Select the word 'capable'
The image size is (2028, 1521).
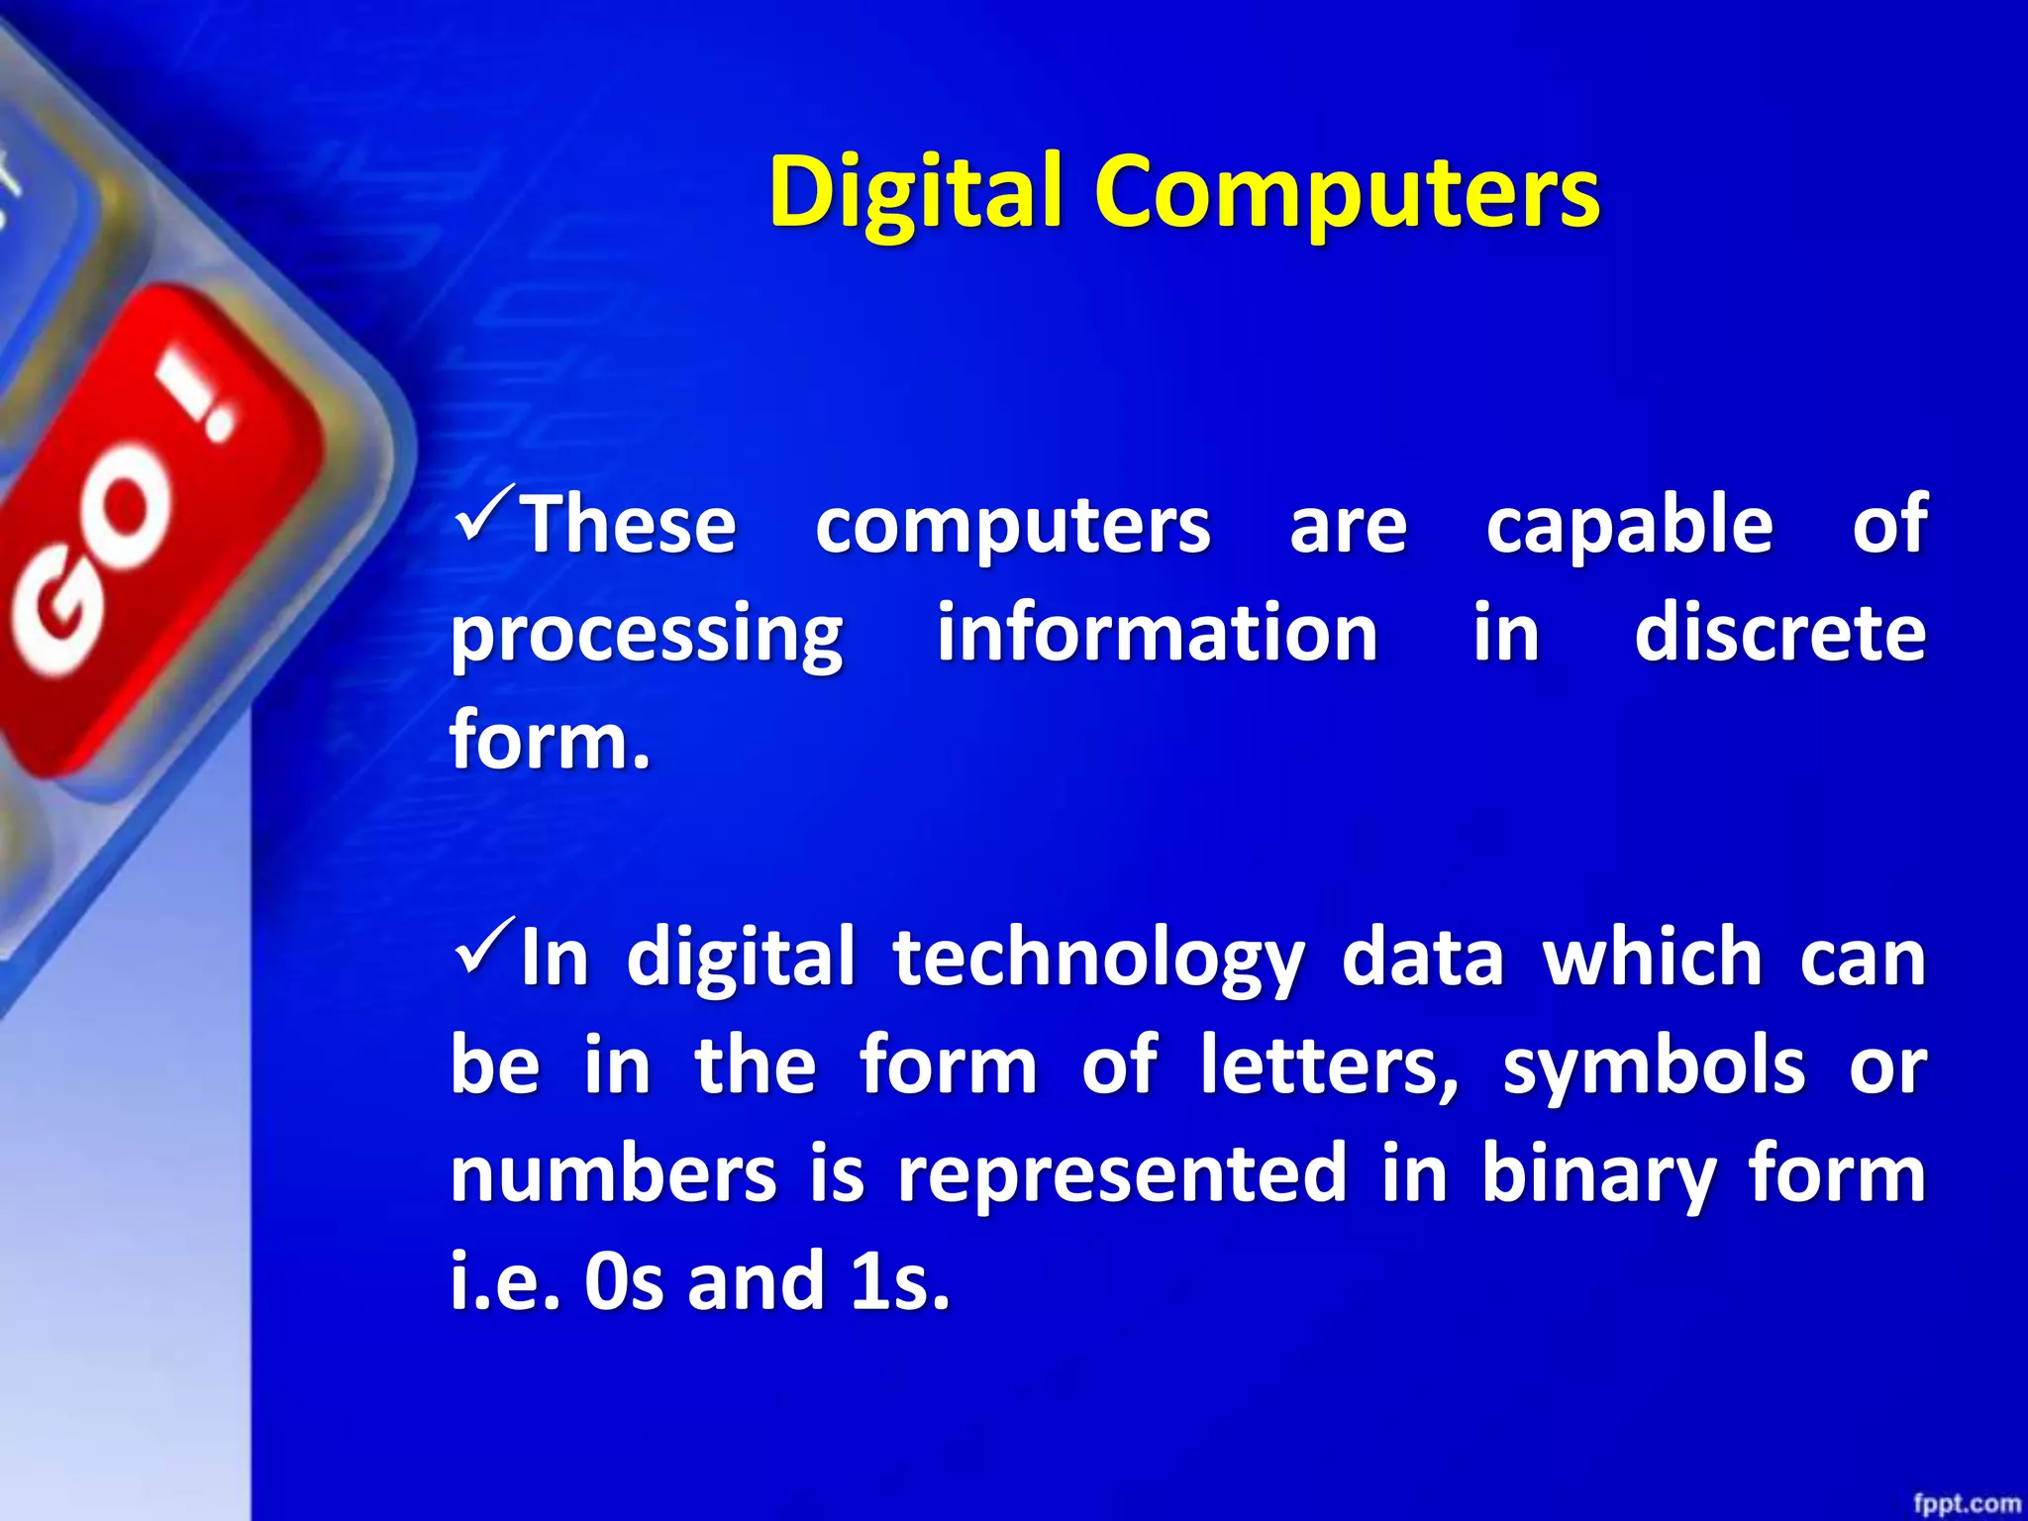(x=1629, y=525)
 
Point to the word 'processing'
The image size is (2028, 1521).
(x=647, y=636)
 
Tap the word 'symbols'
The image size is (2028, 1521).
(x=1654, y=1066)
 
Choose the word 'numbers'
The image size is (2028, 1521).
(x=614, y=1174)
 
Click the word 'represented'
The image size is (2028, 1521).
(x=1122, y=1176)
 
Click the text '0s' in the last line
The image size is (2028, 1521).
(x=623, y=1282)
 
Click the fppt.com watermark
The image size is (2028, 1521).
(x=1966, y=1503)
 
